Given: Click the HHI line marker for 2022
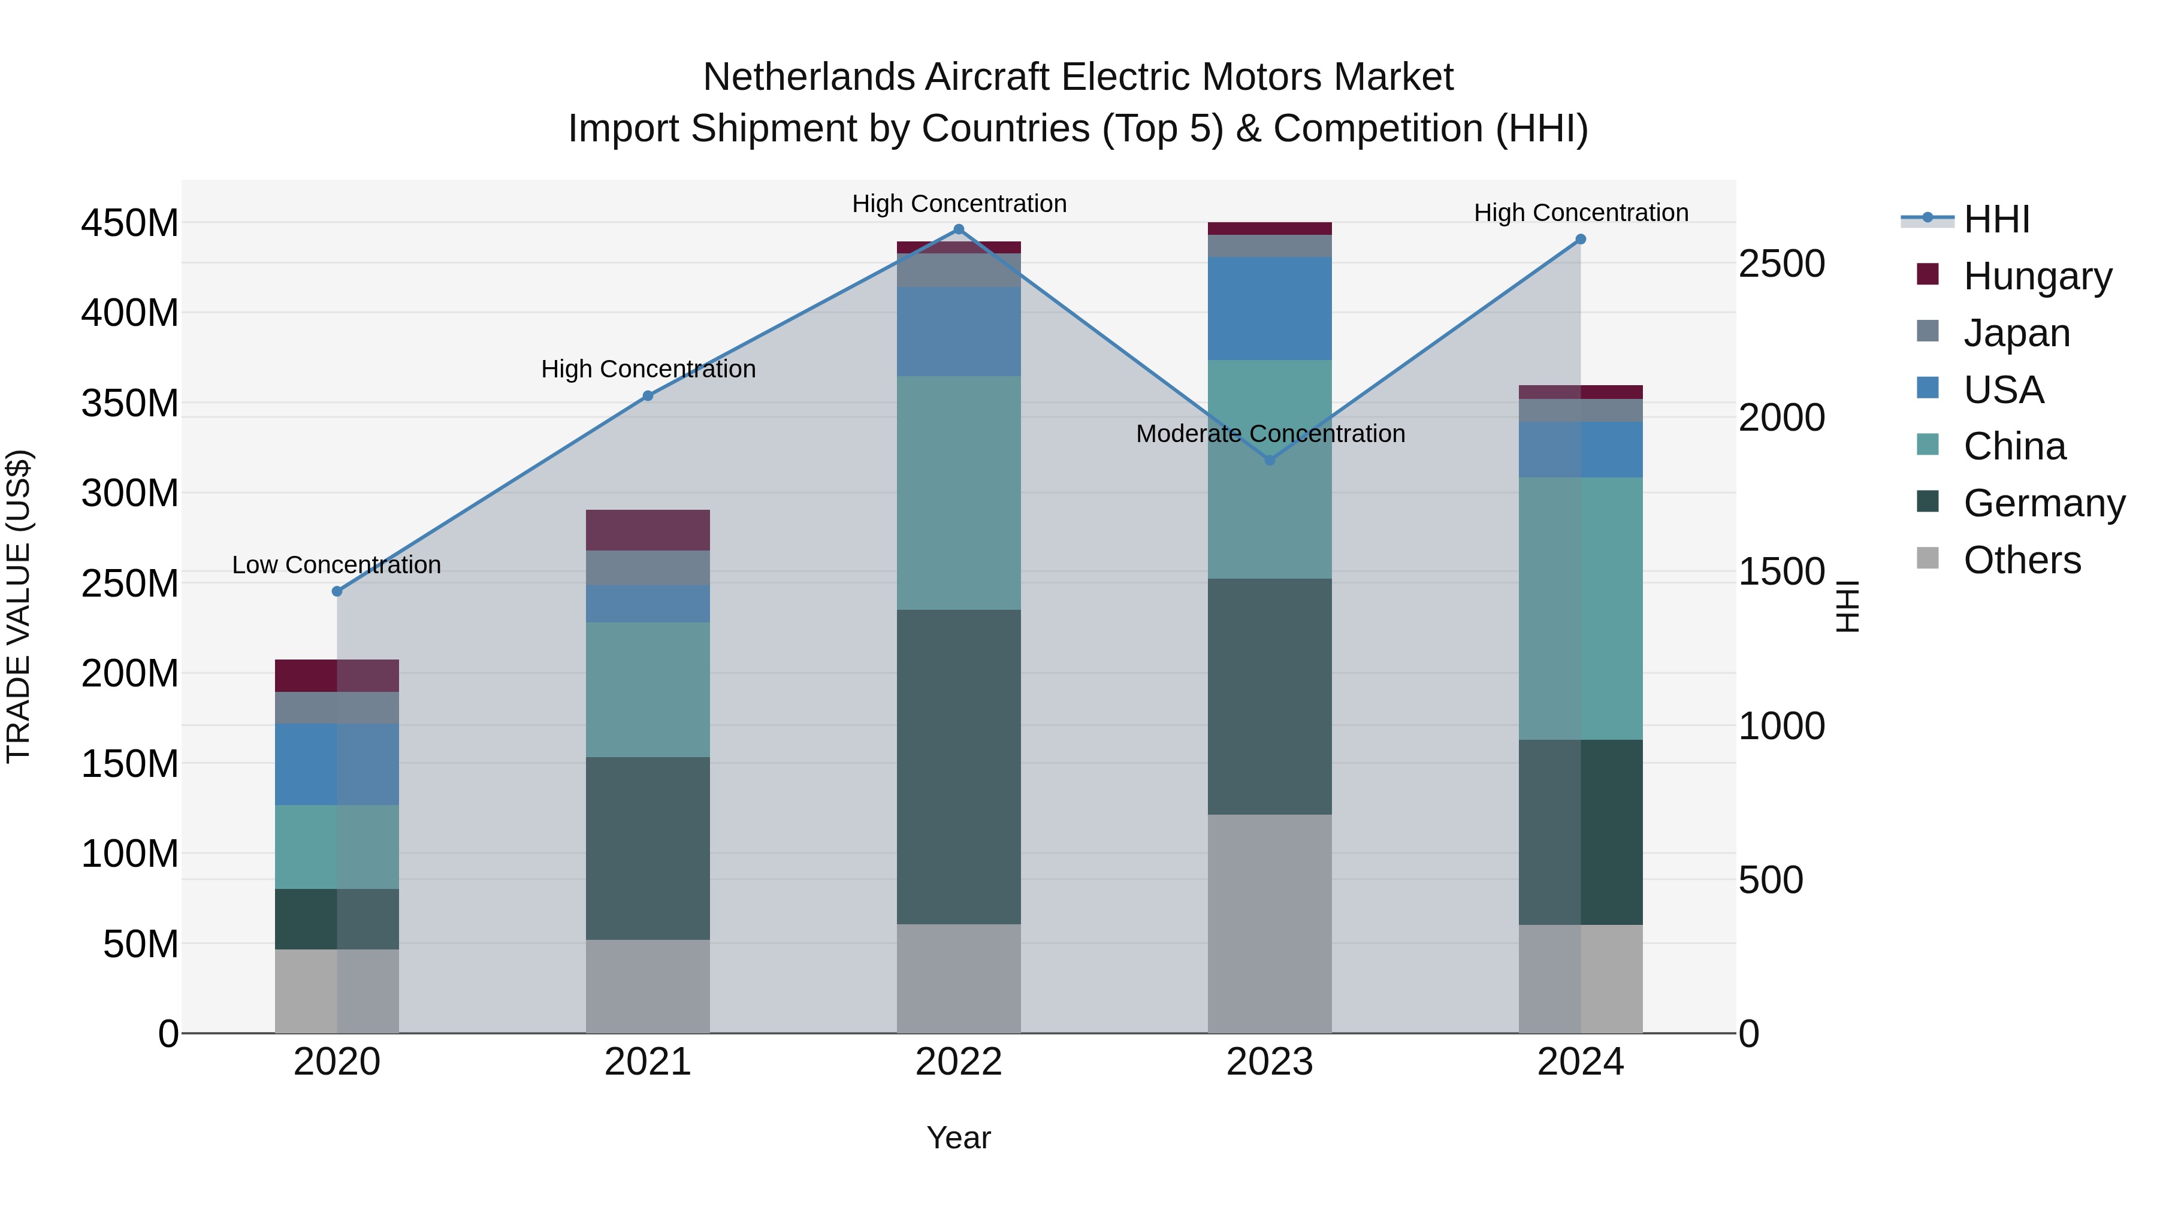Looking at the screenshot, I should [x=959, y=229].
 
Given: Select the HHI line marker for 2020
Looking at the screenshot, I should [x=337, y=591].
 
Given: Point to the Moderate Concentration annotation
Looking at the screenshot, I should [x=1270, y=434].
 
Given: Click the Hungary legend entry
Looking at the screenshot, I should [x=2037, y=276].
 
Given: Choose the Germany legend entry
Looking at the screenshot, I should [x=2043, y=503].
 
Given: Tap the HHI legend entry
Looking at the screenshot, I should [x=1995, y=219].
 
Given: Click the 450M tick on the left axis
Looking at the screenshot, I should [x=130, y=223].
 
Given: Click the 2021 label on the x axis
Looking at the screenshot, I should [x=647, y=1062].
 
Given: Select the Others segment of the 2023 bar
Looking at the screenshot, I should [x=1270, y=923].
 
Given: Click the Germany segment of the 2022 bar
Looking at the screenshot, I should [x=959, y=767].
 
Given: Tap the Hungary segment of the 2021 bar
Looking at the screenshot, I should [x=647, y=530].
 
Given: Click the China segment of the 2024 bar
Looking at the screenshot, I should [x=1580, y=609].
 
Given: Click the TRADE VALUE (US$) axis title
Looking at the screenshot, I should [x=19, y=606].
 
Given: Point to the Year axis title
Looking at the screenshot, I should [x=959, y=1138].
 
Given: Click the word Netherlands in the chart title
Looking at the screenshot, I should [x=809, y=77].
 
